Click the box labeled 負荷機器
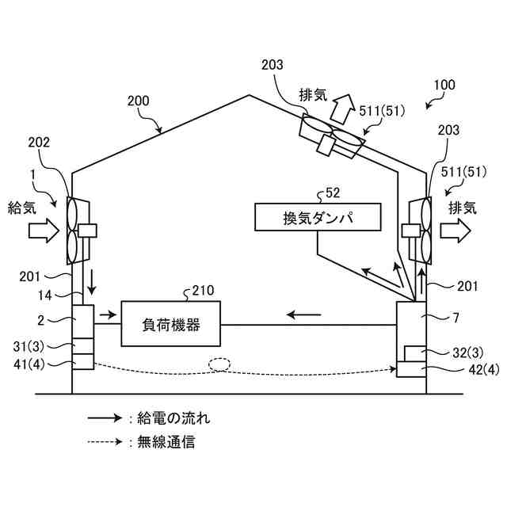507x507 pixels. [170, 323]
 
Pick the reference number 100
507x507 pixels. [444, 84]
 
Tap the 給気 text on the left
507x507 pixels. [21, 208]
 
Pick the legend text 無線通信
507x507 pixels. [166, 442]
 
